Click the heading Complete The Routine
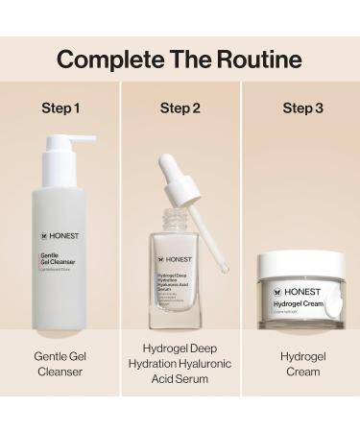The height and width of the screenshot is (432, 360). (x=180, y=60)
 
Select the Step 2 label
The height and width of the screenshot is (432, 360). (x=180, y=108)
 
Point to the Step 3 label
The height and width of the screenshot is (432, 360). (x=301, y=108)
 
